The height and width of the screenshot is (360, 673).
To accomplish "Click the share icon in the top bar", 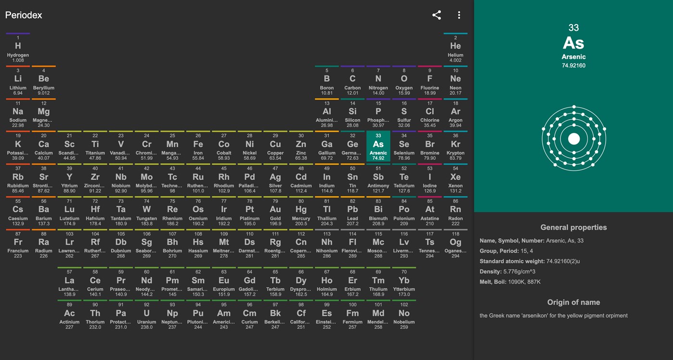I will point(436,15).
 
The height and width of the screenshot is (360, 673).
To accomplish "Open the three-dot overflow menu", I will point(459,15).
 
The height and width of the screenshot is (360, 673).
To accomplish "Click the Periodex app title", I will point(24,15).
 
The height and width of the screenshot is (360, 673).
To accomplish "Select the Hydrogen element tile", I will point(18,48).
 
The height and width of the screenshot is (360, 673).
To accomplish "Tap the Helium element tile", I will point(455,48).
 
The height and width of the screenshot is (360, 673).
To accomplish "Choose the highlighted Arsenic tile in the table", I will point(378,146).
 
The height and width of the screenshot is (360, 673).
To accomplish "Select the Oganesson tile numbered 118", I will point(455,244).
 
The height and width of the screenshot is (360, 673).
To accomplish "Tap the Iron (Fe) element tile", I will point(198,146).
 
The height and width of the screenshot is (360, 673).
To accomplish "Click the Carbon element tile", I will point(352,81).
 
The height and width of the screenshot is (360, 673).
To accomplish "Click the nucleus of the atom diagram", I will point(573,139).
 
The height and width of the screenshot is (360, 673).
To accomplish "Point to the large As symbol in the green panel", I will point(573,43).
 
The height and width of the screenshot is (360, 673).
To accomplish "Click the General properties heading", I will point(573,228).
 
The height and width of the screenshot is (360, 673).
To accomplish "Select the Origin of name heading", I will point(573,302).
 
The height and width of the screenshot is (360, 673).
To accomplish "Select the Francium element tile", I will point(18,244).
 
